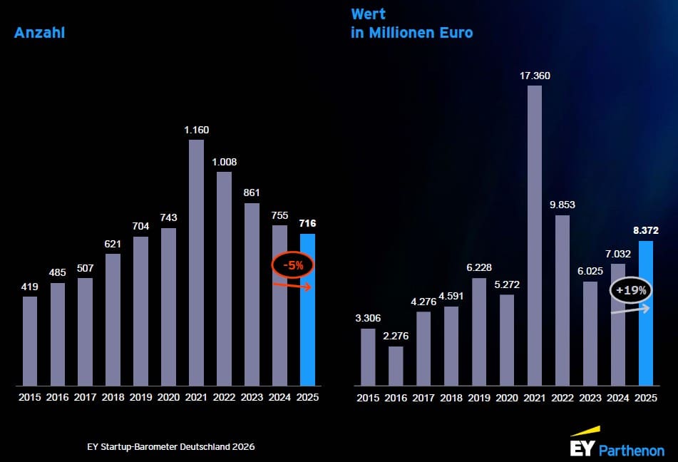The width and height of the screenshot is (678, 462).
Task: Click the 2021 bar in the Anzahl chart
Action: click(x=196, y=262)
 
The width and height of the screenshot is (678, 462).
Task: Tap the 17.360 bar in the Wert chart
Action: click(x=534, y=235)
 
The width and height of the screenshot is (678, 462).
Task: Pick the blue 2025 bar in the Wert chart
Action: click(x=645, y=314)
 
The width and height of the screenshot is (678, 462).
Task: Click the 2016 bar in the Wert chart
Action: click(x=396, y=366)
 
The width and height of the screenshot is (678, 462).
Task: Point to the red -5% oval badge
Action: click(x=292, y=265)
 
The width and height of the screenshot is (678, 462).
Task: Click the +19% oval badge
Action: click(x=630, y=291)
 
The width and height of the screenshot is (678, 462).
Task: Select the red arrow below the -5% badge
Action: click(x=293, y=286)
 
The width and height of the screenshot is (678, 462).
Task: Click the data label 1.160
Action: click(x=196, y=130)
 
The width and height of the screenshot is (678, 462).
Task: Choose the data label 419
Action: click(x=29, y=287)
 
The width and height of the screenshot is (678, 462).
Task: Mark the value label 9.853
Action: click(x=562, y=205)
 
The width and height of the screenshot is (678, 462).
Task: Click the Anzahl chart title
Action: click(x=40, y=32)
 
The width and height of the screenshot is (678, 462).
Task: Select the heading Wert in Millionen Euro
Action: click(x=411, y=24)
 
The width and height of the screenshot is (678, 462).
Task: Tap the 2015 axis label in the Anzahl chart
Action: click(x=29, y=397)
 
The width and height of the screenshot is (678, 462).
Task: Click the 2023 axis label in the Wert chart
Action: click(x=590, y=397)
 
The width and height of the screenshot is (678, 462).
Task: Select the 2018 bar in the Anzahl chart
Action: click(x=113, y=319)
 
